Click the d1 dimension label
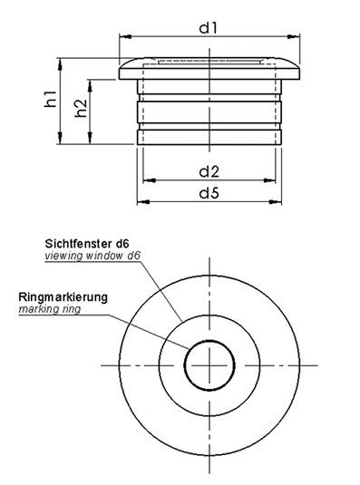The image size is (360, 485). pyautogui.click(x=209, y=28)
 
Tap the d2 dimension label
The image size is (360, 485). pyautogui.click(x=209, y=171)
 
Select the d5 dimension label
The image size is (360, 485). pyautogui.click(x=209, y=193)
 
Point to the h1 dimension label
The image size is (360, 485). pyautogui.click(x=51, y=99)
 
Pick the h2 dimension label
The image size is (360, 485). pyautogui.click(x=81, y=108)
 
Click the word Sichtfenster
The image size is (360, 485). pyautogui.click(x=79, y=244)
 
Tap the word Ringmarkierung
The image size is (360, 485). pyautogui.click(x=63, y=297)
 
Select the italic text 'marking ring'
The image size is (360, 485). pyautogui.click(x=50, y=309)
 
